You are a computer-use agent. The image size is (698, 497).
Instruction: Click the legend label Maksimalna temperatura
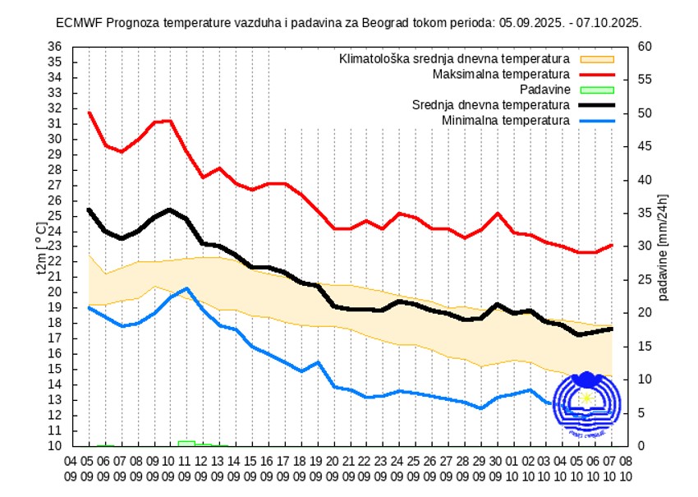click(x=501, y=75)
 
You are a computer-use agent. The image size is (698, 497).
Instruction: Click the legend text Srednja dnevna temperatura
click(x=490, y=105)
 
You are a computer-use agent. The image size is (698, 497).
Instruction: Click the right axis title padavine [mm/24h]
click(x=664, y=246)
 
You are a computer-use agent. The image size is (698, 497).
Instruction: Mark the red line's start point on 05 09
click(x=89, y=113)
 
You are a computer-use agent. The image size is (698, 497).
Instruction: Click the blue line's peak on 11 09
click(x=187, y=288)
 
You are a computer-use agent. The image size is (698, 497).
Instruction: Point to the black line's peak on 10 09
click(x=170, y=209)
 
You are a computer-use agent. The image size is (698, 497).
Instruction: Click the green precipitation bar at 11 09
click(x=186, y=444)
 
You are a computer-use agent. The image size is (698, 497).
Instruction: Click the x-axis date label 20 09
click(x=333, y=467)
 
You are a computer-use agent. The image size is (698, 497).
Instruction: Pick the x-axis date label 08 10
click(x=627, y=467)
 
